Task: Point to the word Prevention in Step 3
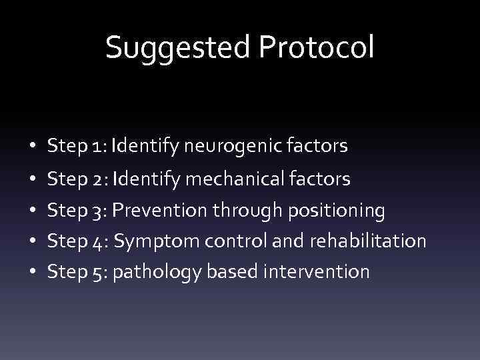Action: coord(157,210)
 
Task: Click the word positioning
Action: coord(335,211)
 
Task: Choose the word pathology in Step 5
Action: coord(154,272)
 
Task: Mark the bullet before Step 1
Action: coord(32,146)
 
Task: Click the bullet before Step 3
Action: coord(32,211)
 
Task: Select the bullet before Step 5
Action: coord(32,272)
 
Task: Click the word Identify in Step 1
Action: coord(138,146)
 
